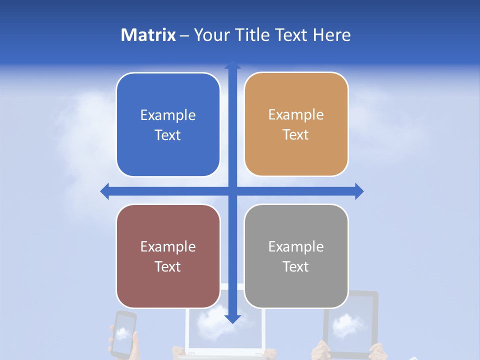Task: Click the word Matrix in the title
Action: (148, 35)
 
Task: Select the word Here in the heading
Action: (332, 35)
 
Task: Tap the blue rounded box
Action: (168, 125)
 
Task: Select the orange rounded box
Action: (296, 124)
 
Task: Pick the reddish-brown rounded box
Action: (168, 256)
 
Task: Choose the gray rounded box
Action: (296, 256)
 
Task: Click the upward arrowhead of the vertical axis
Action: (232, 65)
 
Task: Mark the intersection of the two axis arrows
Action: (232, 191)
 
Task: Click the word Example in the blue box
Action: (168, 115)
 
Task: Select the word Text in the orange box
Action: (296, 134)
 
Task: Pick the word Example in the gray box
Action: (296, 246)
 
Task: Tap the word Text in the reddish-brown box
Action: (168, 266)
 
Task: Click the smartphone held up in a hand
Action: (123, 334)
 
